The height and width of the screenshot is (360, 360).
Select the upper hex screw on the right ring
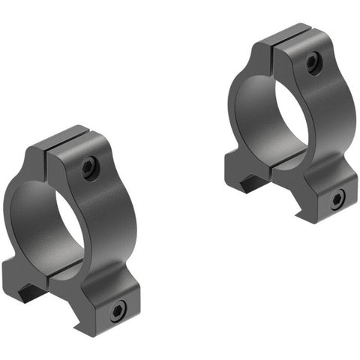pos(312,64)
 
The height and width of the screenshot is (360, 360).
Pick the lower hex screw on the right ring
pos(338,199)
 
